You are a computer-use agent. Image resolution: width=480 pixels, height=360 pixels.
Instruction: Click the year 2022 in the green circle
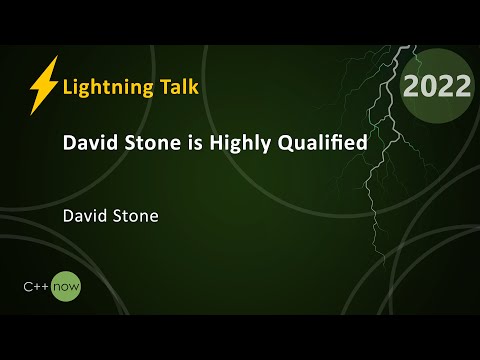(436, 86)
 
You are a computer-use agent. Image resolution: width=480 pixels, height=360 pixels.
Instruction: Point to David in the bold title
(92, 143)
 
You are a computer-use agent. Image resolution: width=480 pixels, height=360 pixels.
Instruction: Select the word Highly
(250, 144)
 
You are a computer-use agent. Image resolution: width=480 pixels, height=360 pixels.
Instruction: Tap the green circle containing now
(69, 287)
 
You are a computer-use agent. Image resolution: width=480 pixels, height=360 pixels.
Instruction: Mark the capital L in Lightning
(67, 86)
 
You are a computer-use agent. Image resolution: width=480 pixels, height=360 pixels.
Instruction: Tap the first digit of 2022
(411, 86)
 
